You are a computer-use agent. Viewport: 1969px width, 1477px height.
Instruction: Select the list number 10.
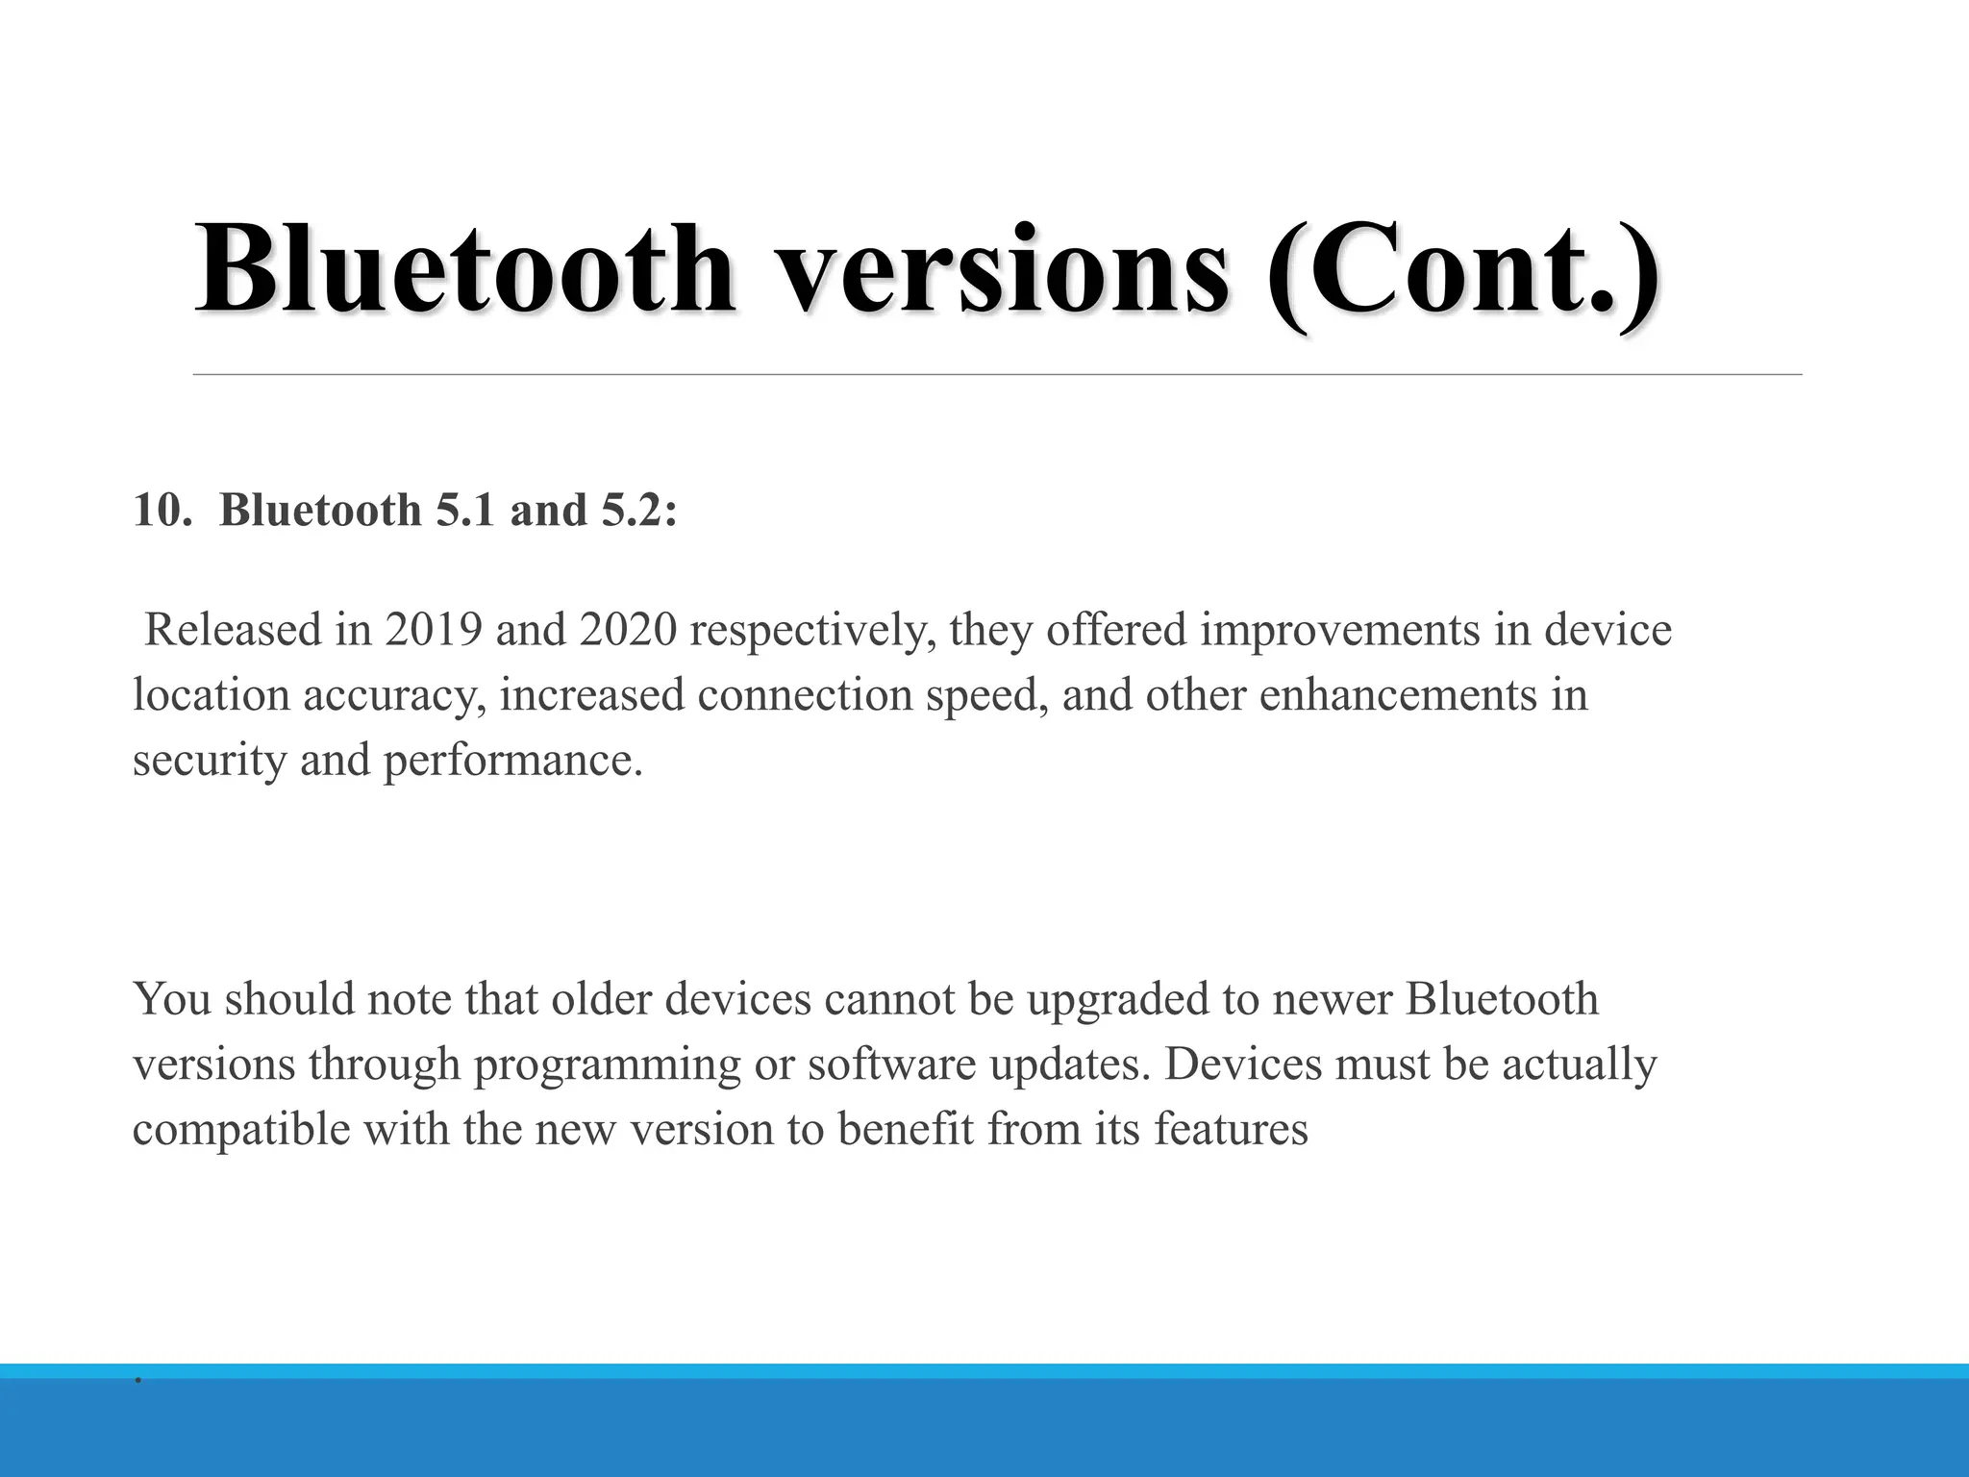(x=158, y=510)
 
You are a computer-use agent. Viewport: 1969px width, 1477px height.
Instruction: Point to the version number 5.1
(x=466, y=510)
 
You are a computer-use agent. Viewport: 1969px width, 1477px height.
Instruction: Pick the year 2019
(x=434, y=631)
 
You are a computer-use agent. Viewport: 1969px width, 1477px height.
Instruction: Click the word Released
(x=233, y=631)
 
